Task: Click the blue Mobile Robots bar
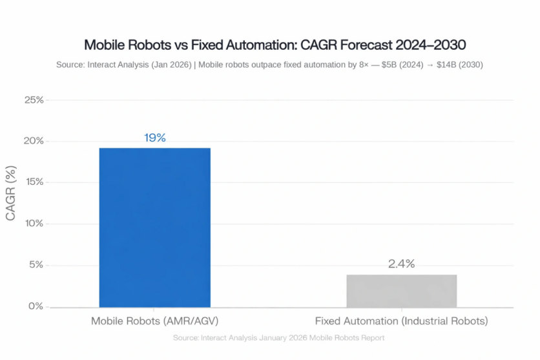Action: pos(154,227)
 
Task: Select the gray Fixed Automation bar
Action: pos(401,291)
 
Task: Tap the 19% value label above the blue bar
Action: pos(154,138)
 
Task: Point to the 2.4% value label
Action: pos(401,264)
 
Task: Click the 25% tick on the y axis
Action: pos(34,100)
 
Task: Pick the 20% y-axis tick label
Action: pos(34,141)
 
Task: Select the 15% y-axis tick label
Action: pos(34,182)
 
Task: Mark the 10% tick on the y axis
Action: pos(34,224)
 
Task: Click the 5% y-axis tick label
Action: pos(36,265)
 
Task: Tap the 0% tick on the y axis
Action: pos(36,306)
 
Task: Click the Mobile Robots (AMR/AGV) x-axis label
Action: pos(154,321)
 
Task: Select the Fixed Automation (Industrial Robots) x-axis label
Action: pos(401,321)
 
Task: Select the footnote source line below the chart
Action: pos(278,338)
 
